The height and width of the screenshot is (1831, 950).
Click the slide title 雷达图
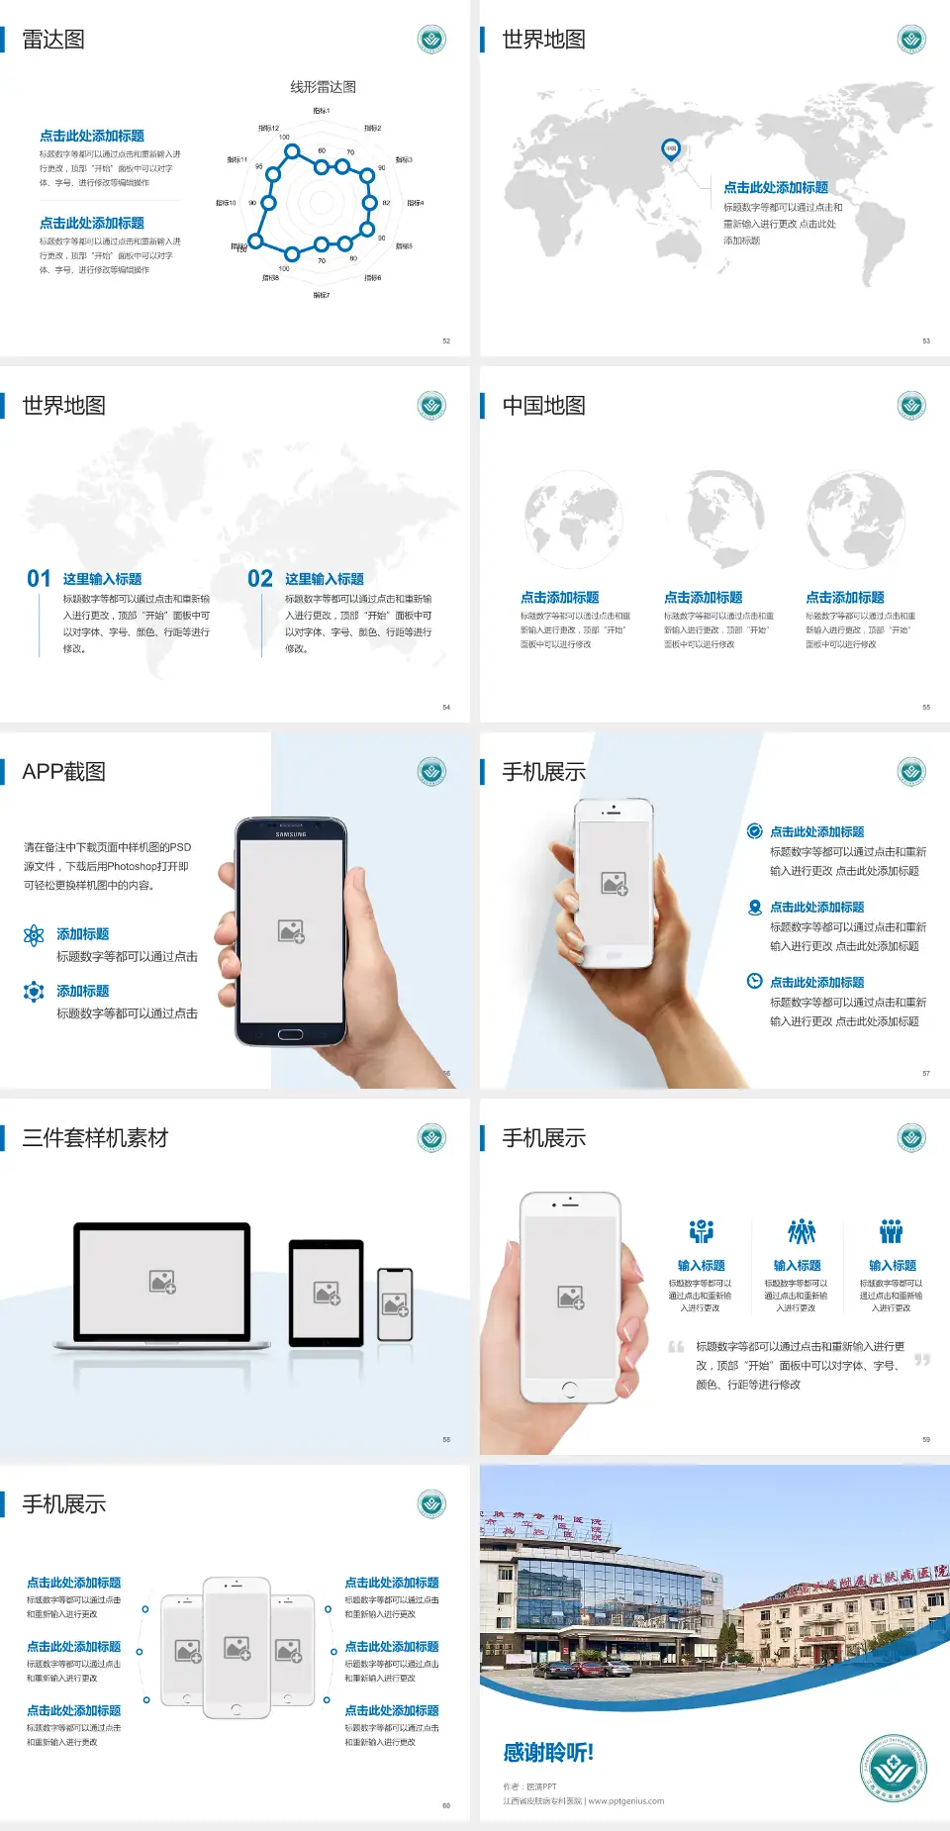[x=53, y=40]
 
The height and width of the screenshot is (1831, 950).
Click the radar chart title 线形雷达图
[x=323, y=87]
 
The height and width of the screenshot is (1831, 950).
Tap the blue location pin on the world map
[x=670, y=148]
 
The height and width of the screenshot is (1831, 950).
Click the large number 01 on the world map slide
[x=39, y=579]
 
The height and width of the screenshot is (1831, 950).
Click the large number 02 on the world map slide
[x=260, y=579]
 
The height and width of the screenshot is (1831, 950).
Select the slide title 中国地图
[x=543, y=406]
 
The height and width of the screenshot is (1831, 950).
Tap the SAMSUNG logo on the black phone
[x=291, y=834]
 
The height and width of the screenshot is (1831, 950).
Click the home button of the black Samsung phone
[x=290, y=1034]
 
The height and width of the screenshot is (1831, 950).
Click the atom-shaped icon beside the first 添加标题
[x=34, y=935]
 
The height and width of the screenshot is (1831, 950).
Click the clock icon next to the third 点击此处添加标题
[x=754, y=981]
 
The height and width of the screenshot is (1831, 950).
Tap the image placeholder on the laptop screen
[x=162, y=1282]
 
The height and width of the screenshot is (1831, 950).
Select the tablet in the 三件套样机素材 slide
[x=326, y=1292]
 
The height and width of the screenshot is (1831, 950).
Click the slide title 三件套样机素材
[x=95, y=1138]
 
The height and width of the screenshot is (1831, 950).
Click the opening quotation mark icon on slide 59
[x=676, y=1346]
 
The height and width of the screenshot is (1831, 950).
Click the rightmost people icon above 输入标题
[x=892, y=1231]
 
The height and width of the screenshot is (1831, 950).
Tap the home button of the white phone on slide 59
[x=569, y=1390]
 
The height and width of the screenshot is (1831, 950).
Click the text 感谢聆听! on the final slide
[x=548, y=1753]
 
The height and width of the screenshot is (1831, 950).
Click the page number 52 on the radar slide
[x=446, y=340]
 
